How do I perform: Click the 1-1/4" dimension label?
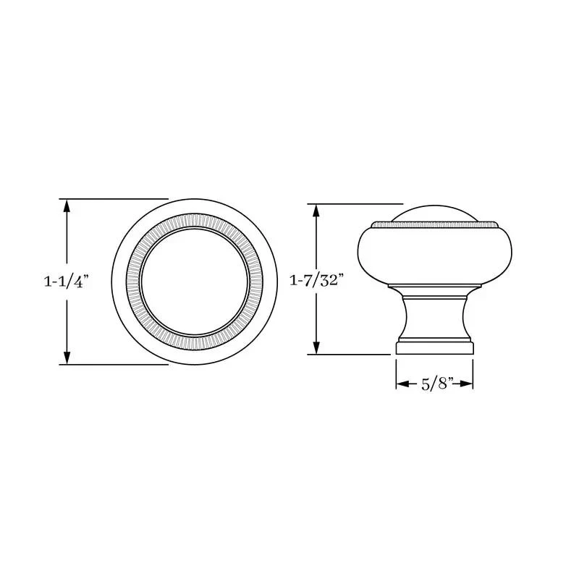pos(67,282)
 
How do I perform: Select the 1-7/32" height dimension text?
pos(317,281)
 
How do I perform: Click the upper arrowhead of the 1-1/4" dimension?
pos(67,206)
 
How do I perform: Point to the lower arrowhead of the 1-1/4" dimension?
pos(67,358)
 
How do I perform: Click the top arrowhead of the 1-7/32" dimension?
pos(316,211)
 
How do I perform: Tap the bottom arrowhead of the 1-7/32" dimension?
pos(316,348)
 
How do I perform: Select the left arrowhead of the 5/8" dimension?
pos(403,384)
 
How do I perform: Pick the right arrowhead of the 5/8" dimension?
pos(466,384)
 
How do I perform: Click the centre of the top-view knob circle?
pos(195,282)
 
